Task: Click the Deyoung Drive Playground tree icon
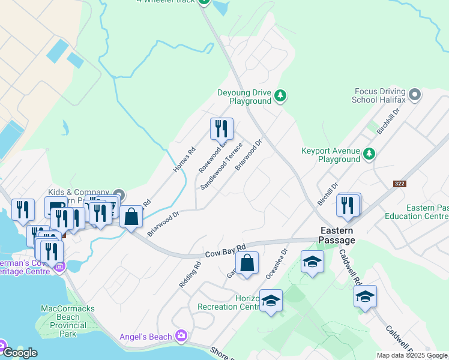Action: click(280, 96)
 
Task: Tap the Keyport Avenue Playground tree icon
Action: click(369, 154)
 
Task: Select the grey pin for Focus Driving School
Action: click(414, 94)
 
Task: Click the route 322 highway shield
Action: click(400, 184)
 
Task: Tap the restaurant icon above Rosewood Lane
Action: click(221, 128)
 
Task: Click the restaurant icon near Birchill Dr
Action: click(348, 205)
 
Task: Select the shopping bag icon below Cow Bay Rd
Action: click(247, 263)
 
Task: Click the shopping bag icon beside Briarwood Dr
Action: click(131, 217)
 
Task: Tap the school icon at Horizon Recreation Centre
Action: click(271, 301)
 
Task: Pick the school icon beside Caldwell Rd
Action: click(365, 296)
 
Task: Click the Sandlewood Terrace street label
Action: click(221, 166)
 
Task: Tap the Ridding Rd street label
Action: click(189, 274)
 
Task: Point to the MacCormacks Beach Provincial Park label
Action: click(67, 320)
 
